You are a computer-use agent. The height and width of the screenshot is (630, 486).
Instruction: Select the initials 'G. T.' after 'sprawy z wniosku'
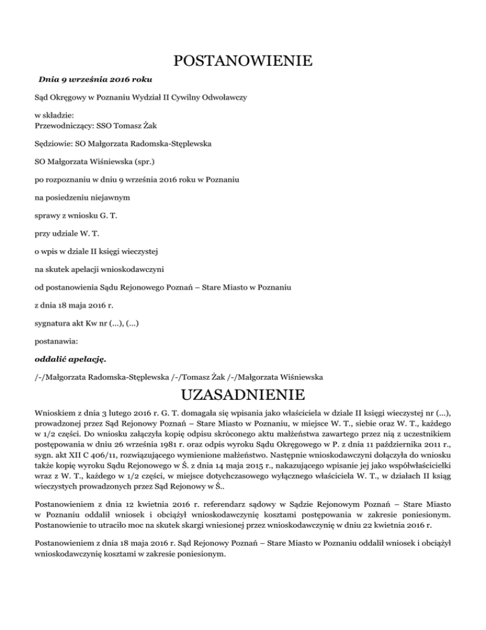(108, 216)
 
